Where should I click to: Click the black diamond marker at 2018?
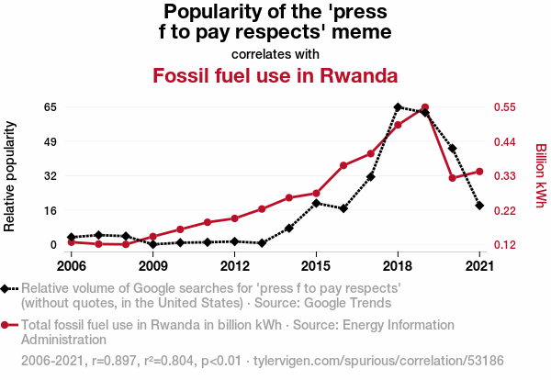[398, 107]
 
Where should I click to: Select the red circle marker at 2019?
[425, 107]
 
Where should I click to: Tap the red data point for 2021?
[479, 172]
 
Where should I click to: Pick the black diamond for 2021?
[479, 206]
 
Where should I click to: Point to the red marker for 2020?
[452, 178]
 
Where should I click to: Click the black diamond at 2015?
[316, 203]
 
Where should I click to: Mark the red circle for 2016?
[343, 165]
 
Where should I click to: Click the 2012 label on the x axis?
[235, 266]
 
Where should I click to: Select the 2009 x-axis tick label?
[152, 266]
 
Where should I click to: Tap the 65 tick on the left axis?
[51, 107]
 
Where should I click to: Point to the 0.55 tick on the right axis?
[505, 107]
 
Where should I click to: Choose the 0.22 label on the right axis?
[505, 211]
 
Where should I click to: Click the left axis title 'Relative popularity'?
[9, 176]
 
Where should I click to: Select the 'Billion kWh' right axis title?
[541, 175]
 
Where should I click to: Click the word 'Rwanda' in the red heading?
[359, 75]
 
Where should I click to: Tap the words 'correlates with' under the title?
[275, 54]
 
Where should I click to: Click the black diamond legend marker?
[5, 289]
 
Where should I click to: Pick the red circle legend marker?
[5, 325]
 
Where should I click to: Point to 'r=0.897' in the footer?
[114, 361]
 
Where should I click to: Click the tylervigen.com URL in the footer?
[378, 361]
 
